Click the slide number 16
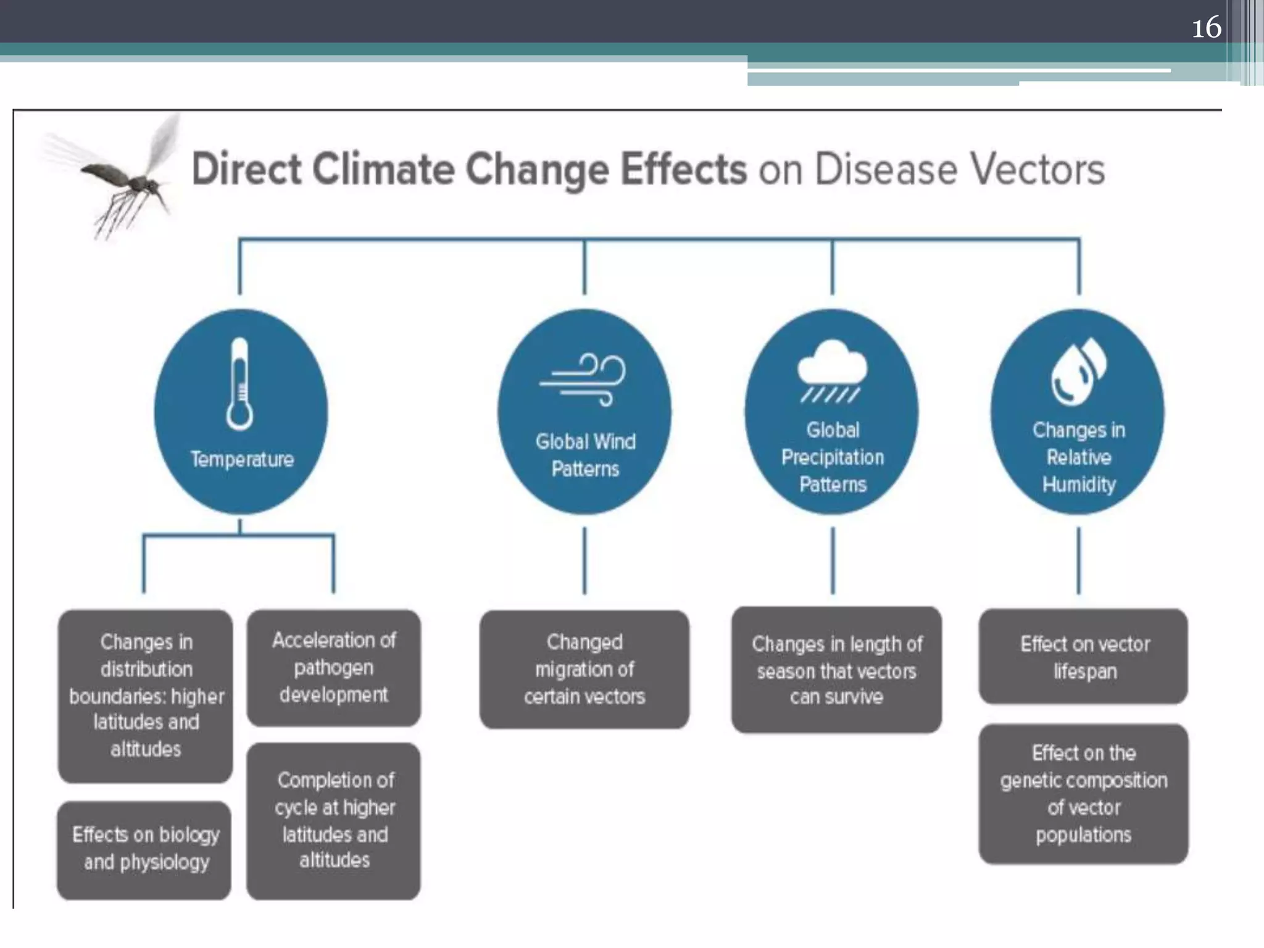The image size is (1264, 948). click(1206, 28)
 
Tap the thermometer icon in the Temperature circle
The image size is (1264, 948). click(239, 384)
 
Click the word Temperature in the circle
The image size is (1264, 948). click(241, 459)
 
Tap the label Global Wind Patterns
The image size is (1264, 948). click(585, 455)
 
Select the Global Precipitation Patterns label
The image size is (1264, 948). click(833, 457)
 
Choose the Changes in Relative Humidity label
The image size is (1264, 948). click(1079, 457)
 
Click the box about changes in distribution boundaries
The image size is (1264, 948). click(146, 696)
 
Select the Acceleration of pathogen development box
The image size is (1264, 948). click(334, 667)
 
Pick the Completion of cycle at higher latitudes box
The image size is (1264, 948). click(334, 820)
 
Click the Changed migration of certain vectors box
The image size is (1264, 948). click(584, 669)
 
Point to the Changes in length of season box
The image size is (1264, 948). click(836, 670)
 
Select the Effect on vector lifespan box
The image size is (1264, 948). click(1084, 657)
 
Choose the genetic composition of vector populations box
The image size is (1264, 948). click(1084, 794)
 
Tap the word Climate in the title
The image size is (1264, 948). click(383, 169)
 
